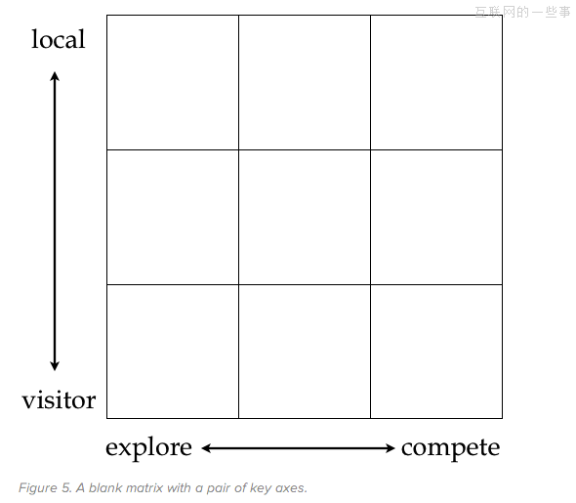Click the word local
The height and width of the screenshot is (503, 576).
tap(58, 39)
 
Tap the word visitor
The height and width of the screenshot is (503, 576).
tap(59, 399)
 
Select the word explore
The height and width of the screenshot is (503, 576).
tap(148, 448)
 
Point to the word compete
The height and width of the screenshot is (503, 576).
tap(450, 448)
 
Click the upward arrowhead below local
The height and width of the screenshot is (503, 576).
tap(55, 76)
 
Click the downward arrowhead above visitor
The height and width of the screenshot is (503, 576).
tap(55, 366)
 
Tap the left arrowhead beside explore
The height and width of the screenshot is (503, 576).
tap(206, 448)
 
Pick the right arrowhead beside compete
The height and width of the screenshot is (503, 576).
tap(391, 448)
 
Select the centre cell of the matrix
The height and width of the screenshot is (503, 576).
tap(305, 217)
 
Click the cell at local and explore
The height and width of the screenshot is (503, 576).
tap(173, 82)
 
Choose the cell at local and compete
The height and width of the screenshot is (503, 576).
tap(436, 82)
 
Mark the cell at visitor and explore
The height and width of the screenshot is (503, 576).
tap(173, 352)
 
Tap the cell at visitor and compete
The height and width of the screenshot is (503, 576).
tap(436, 352)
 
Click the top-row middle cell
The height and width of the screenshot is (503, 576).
tap(305, 82)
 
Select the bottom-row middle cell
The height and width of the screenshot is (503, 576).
tap(305, 352)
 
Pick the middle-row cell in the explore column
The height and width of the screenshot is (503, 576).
tap(173, 217)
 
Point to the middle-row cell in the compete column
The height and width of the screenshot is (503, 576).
tap(436, 217)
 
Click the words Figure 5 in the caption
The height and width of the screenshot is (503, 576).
tap(45, 488)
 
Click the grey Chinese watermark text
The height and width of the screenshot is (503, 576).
tap(522, 12)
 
